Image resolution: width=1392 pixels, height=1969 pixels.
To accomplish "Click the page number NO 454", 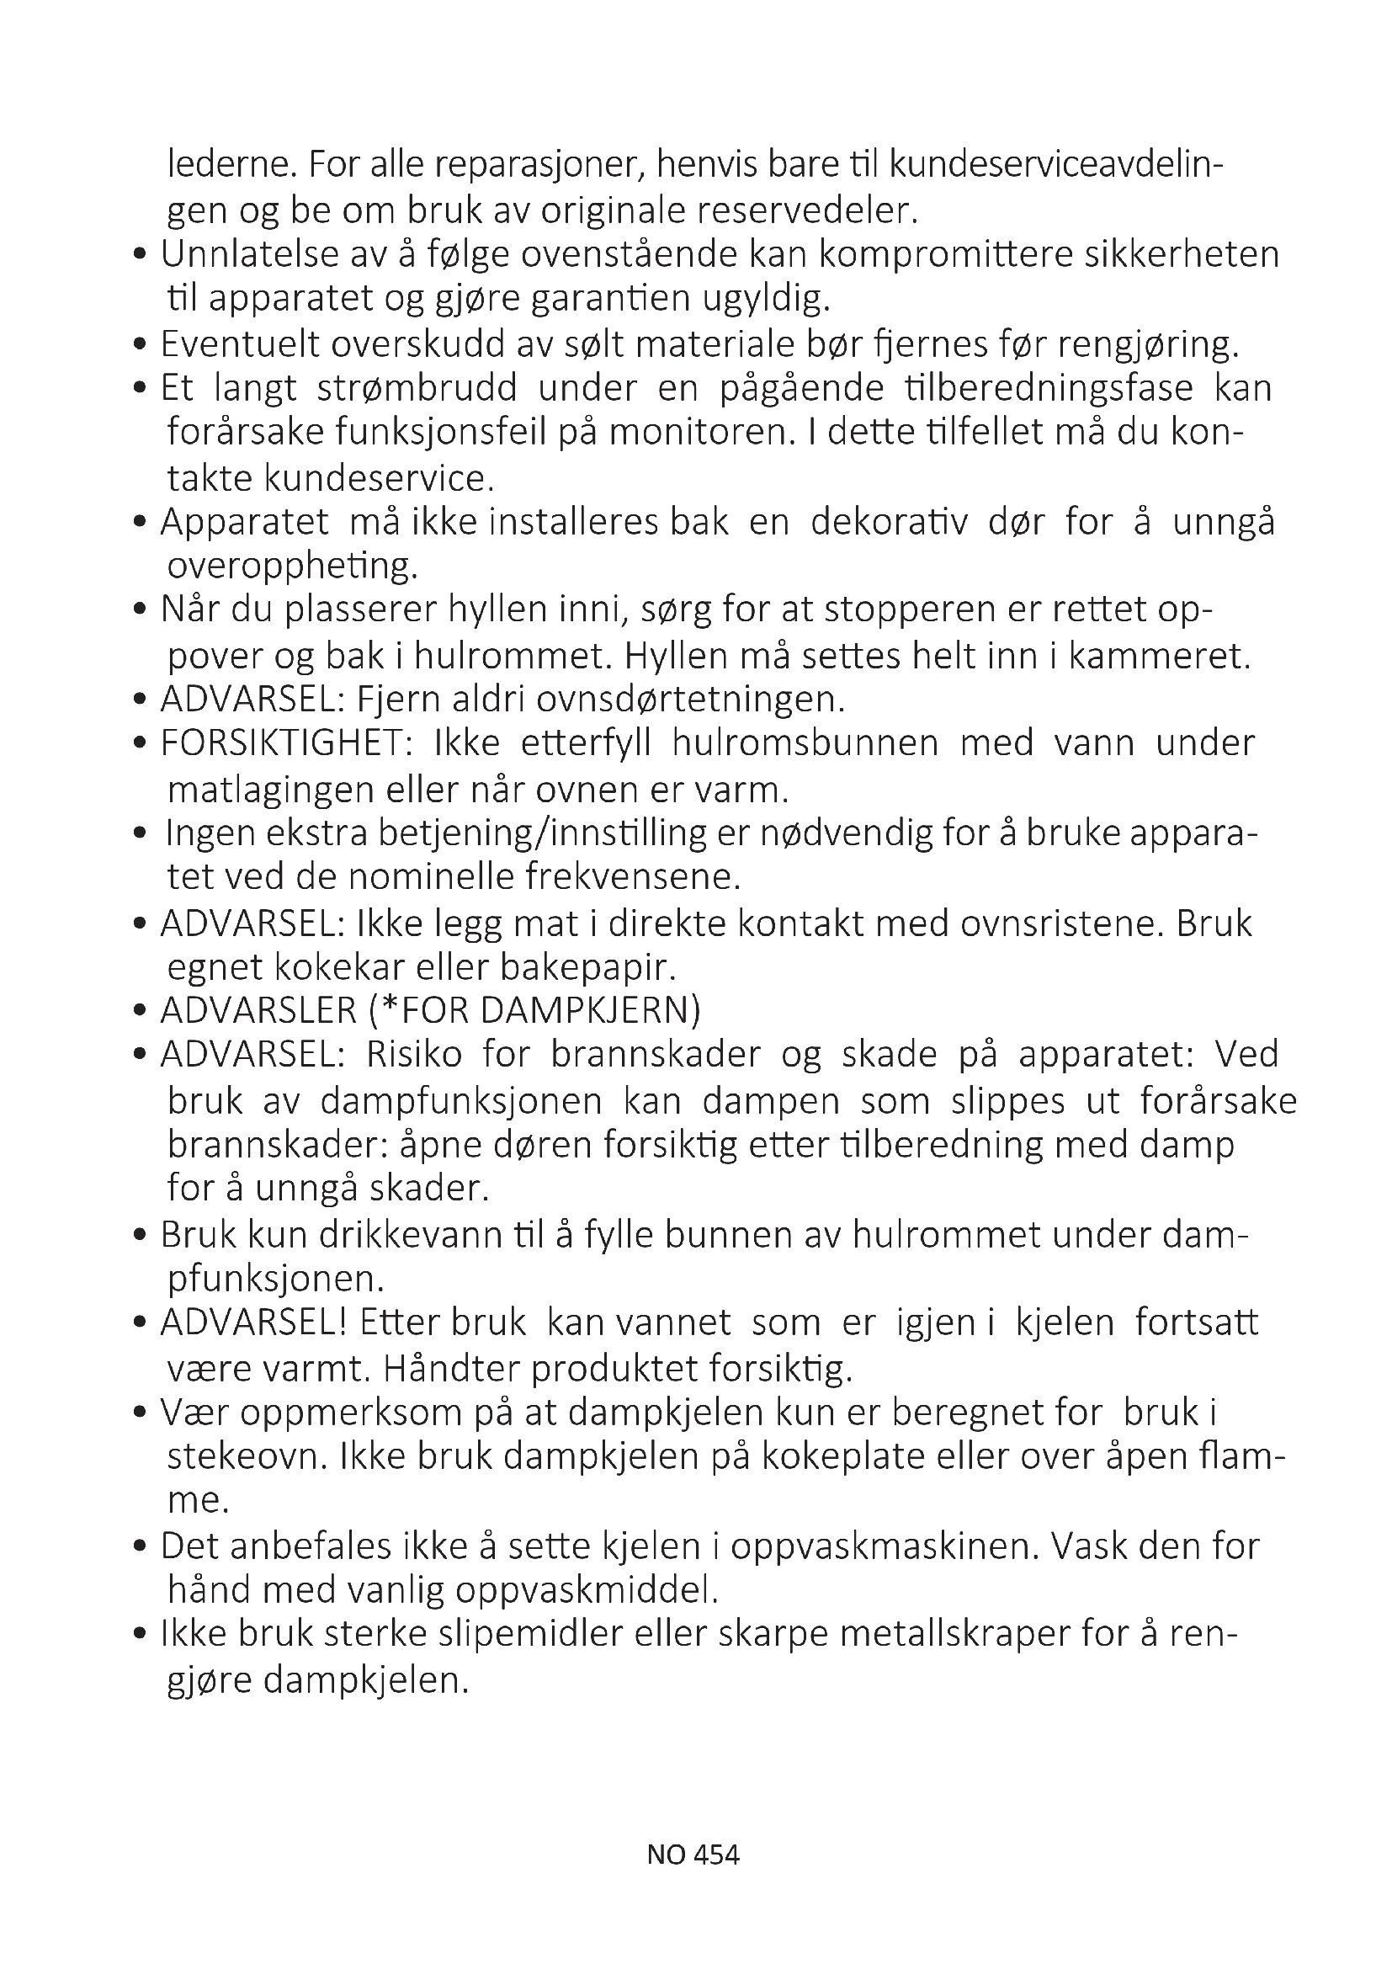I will tap(693, 1855).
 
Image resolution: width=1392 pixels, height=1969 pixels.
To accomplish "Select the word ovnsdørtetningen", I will tap(691, 700).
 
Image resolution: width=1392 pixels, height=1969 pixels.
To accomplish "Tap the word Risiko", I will tap(414, 1054).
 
